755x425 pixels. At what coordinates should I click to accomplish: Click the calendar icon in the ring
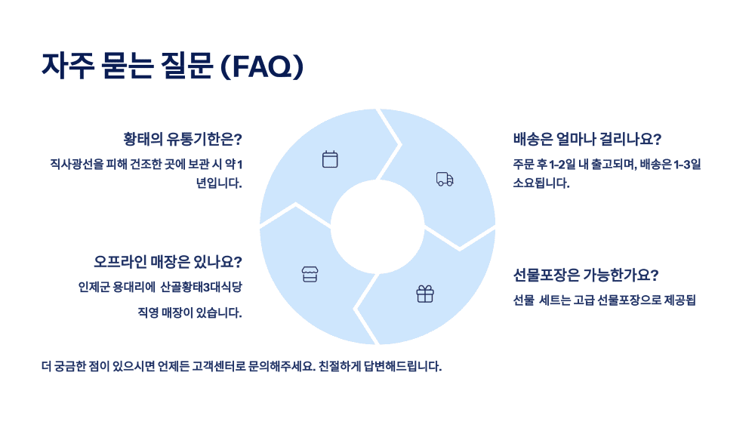(330, 159)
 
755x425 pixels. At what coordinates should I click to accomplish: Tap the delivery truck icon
(445, 179)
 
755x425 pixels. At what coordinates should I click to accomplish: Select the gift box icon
(425, 294)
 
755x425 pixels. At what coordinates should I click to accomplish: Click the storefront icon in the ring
(310, 274)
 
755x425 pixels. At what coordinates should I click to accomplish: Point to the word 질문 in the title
(185, 66)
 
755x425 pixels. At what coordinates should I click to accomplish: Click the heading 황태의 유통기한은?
(183, 139)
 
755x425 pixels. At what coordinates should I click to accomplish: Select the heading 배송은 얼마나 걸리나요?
(587, 139)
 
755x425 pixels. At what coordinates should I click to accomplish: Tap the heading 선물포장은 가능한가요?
(585, 275)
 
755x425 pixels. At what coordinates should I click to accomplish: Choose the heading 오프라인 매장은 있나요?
(168, 262)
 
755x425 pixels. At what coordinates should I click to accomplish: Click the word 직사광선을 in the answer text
(76, 165)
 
